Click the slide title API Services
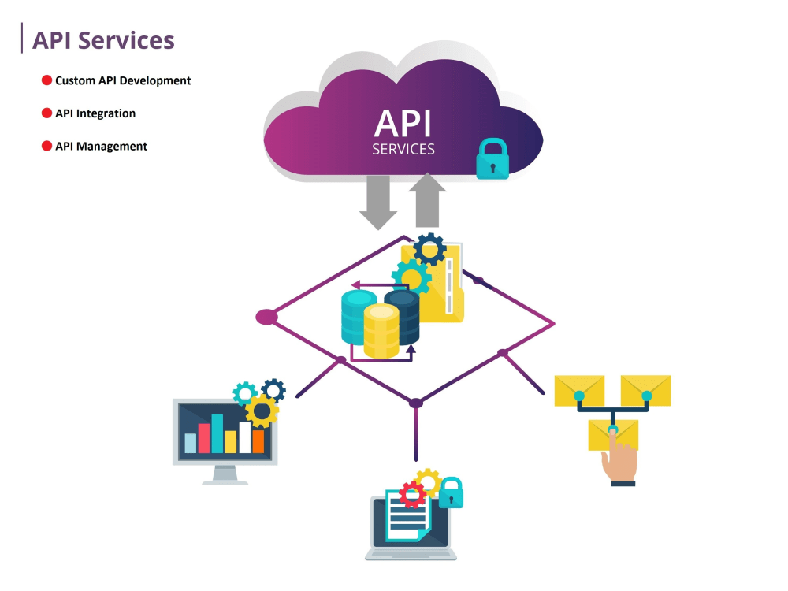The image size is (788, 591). pyautogui.click(x=102, y=40)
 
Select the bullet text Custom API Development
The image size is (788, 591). pyautogui.click(x=123, y=80)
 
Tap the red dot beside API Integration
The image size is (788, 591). pyautogui.click(x=46, y=113)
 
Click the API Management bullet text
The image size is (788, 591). pyautogui.click(x=101, y=147)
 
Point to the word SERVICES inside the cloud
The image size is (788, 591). pyautogui.click(x=403, y=149)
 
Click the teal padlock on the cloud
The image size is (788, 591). pyautogui.click(x=492, y=160)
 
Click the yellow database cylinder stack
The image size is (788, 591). pyautogui.click(x=381, y=331)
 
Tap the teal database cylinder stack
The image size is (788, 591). pyautogui.click(x=359, y=315)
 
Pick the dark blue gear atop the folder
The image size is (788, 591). pyautogui.click(x=429, y=250)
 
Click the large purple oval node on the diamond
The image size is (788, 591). pyautogui.click(x=267, y=318)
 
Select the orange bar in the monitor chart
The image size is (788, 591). pyautogui.click(x=258, y=441)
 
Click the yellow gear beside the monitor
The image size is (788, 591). pyautogui.click(x=262, y=411)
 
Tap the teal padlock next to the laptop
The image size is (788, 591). pyautogui.click(x=451, y=493)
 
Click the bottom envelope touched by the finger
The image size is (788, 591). pyautogui.click(x=613, y=434)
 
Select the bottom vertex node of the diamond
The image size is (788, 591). pyautogui.click(x=416, y=403)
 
